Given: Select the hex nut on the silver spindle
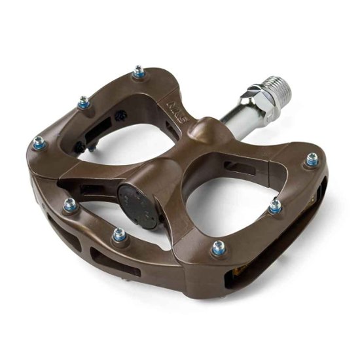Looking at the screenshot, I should coord(259,99).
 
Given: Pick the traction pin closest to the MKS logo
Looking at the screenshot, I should coord(139,71).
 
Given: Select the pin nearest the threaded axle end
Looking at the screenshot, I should coord(312,159).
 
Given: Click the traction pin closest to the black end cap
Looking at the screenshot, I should coord(120,234).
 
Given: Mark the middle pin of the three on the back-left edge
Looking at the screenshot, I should coord(84,102).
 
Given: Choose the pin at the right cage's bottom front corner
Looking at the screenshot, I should coord(218,247).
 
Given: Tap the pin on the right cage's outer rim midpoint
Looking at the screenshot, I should coord(276,206).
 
